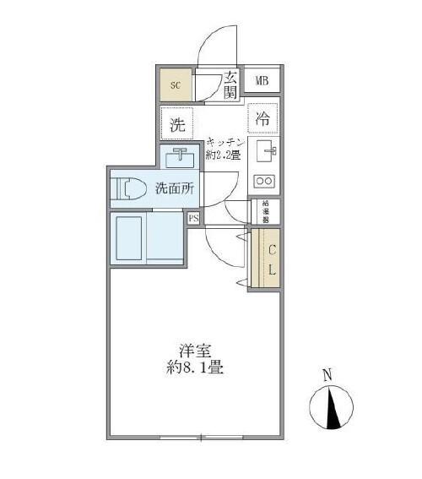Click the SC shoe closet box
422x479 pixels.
point(176,84)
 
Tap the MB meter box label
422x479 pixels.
point(262,82)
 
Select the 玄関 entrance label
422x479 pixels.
point(230,85)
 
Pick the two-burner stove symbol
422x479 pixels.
point(264,180)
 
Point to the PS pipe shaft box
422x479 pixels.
point(194,219)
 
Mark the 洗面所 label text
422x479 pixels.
point(176,188)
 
